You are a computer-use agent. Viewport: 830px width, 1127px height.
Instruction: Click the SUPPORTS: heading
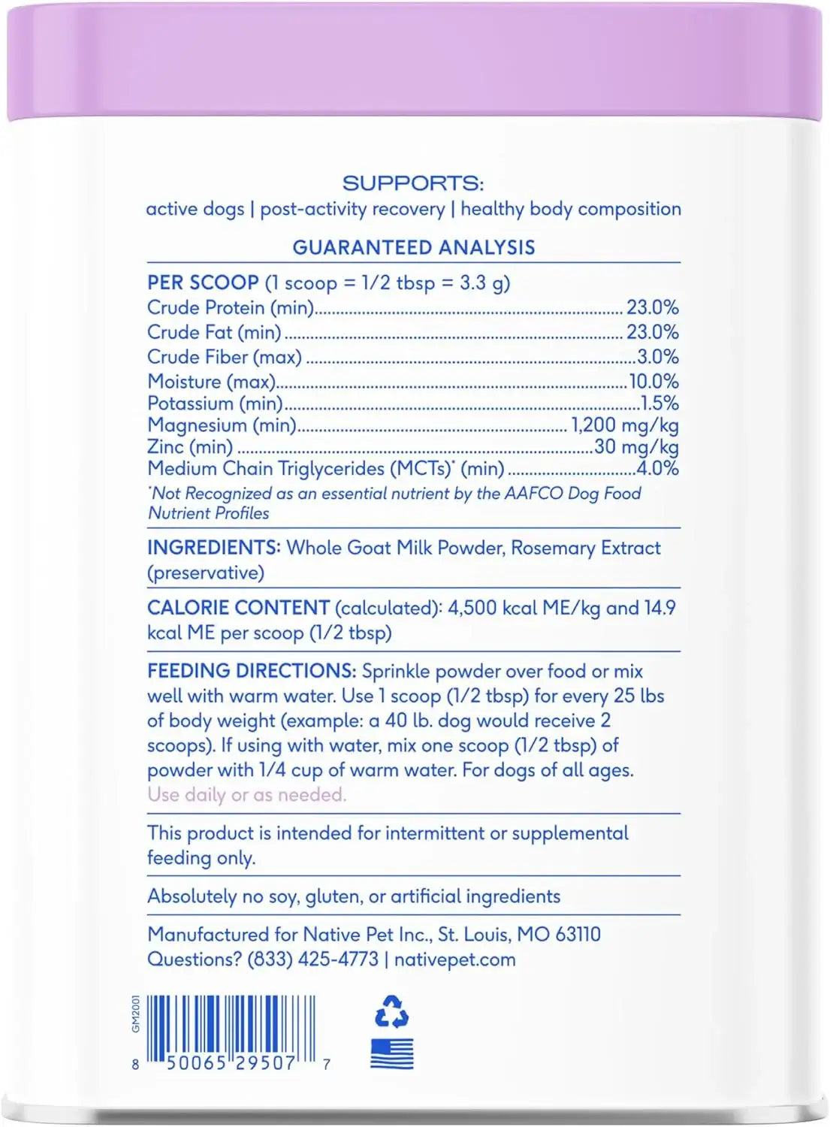tap(413, 183)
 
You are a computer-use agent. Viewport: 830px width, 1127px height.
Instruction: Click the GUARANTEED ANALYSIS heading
tap(414, 247)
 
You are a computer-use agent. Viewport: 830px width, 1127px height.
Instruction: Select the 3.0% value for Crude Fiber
tap(658, 356)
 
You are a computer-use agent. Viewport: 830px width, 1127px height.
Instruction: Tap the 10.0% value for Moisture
tap(653, 381)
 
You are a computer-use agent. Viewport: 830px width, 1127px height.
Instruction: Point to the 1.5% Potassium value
tap(659, 403)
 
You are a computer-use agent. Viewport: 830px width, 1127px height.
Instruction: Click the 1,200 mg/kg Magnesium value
tap(625, 425)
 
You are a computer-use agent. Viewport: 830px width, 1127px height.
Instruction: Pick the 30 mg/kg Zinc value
tap(636, 447)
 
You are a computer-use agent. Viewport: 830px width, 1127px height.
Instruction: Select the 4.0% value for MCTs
tap(658, 468)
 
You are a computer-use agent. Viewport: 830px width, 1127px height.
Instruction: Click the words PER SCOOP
tap(203, 283)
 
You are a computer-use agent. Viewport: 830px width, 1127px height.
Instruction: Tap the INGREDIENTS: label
tap(213, 547)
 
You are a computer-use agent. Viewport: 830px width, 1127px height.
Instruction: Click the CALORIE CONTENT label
tap(238, 607)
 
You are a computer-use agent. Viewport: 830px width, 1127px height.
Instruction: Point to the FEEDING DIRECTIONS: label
tap(252, 670)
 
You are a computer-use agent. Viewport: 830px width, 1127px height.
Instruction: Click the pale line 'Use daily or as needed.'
tap(246, 794)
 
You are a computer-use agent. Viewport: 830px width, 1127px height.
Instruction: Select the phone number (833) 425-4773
tap(313, 959)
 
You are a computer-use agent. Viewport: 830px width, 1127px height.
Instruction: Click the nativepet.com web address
tap(454, 959)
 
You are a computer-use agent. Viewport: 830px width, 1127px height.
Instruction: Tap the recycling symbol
tap(391, 1012)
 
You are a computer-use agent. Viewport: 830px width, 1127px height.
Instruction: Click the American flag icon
tap(392, 1053)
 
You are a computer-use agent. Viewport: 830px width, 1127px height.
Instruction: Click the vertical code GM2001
tap(136, 1014)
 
